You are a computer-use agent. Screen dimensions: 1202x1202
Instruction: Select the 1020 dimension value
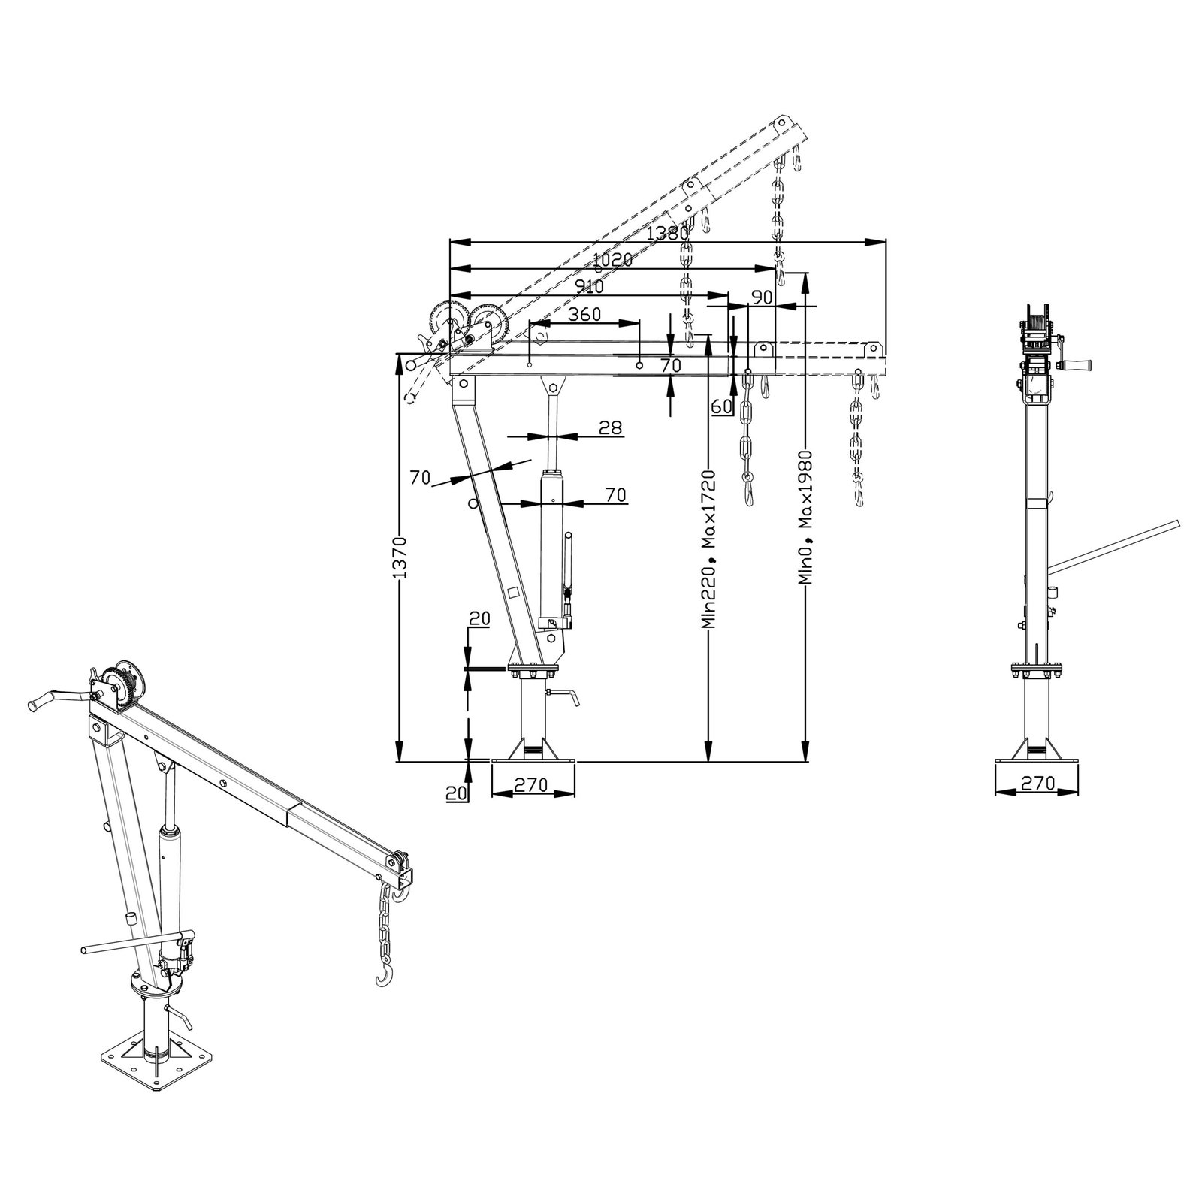click(x=612, y=260)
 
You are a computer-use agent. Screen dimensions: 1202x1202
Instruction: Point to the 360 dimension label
click(x=584, y=314)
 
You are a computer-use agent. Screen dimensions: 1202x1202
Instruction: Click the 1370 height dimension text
click(x=402, y=557)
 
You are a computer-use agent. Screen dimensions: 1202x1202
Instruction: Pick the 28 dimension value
click(x=610, y=427)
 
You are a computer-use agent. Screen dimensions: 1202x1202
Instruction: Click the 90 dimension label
click(x=762, y=297)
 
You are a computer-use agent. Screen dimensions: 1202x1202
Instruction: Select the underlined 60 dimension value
click(x=721, y=406)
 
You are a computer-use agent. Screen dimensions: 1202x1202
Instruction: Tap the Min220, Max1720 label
click(x=708, y=549)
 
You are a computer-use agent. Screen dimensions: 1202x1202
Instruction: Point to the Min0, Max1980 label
click(x=805, y=518)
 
